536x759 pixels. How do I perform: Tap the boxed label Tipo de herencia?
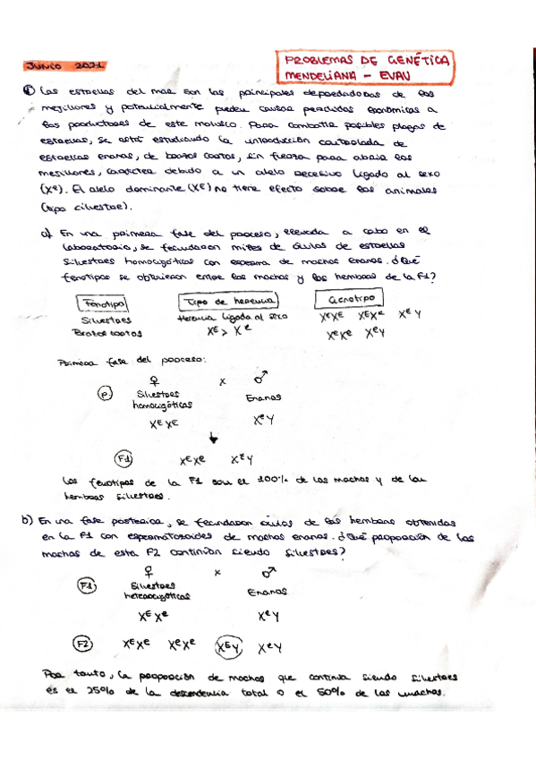click(x=229, y=302)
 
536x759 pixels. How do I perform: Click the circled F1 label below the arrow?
click(x=127, y=459)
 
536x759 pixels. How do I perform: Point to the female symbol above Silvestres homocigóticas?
click(x=154, y=379)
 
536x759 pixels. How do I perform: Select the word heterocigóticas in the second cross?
click(x=157, y=594)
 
